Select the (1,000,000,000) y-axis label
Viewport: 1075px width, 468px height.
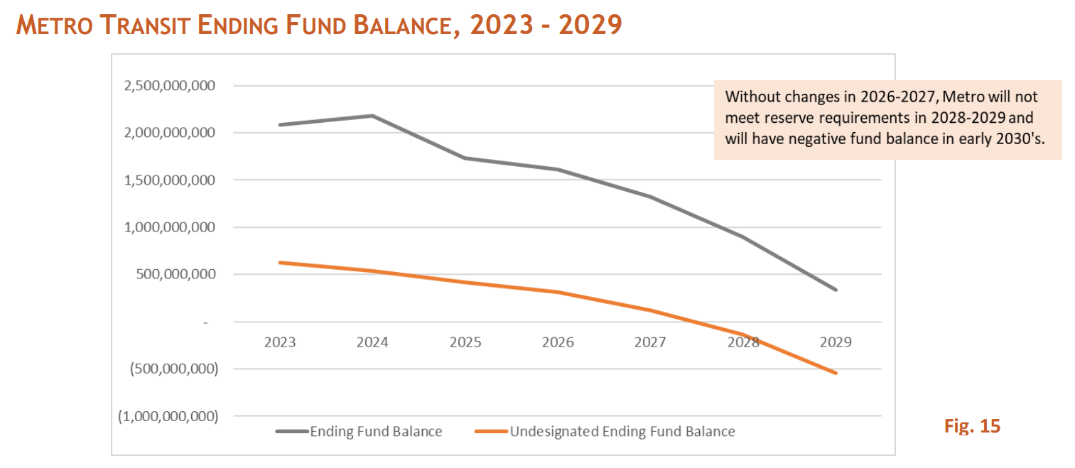click(x=168, y=416)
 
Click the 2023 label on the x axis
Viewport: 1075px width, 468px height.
click(x=280, y=342)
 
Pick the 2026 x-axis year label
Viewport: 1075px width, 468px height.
click(x=558, y=342)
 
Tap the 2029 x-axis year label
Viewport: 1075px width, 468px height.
click(x=836, y=342)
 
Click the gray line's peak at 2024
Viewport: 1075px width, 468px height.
click(x=372, y=116)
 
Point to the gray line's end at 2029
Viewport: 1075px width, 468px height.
click(x=836, y=290)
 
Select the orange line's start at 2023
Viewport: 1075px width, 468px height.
click(x=280, y=263)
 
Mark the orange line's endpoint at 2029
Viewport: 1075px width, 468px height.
click(x=836, y=373)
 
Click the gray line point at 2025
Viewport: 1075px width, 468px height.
click(x=465, y=158)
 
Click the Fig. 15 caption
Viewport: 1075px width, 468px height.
click(x=972, y=426)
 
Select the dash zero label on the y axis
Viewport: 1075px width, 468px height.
click(x=207, y=322)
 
